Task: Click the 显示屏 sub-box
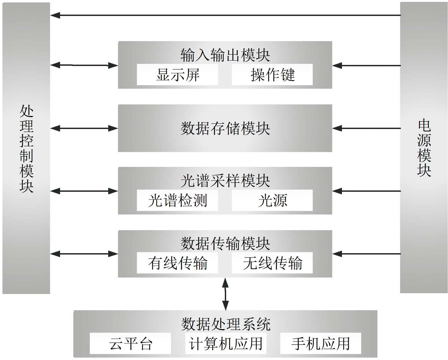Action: (x=177, y=75)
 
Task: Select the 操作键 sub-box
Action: (x=272, y=75)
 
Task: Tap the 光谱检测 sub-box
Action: (x=177, y=200)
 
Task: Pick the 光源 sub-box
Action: (x=272, y=200)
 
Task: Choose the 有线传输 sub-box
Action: (x=177, y=263)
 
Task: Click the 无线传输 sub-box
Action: (x=272, y=263)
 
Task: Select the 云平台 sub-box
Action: (x=130, y=344)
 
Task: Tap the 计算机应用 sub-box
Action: (x=226, y=344)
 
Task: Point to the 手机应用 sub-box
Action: (x=321, y=344)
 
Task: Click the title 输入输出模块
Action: (x=225, y=55)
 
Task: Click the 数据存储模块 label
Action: (x=225, y=128)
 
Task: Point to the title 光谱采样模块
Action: (x=225, y=180)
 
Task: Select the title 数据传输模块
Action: (x=225, y=243)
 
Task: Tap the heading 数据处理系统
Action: (x=226, y=324)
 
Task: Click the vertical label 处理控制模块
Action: (x=27, y=148)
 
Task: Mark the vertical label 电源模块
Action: (x=424, y=148)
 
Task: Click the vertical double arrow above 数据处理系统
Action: (x=225, y=294)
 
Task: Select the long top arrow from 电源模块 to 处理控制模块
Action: (x=225, y=15)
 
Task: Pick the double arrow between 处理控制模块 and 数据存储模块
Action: (x=84, y=128)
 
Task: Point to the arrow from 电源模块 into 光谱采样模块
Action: (x=366, y=191)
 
